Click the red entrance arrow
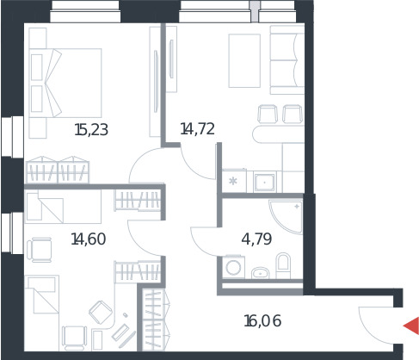point(413,326)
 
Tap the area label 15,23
point(91,130)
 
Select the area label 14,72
point(197,129)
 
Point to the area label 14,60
point(89,239)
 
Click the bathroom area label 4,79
point(256,239)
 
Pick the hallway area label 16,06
point(262,321)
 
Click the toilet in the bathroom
point(283,265)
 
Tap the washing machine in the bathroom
point(233,267)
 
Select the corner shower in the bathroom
point(287,216)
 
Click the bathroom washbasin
point(260,273)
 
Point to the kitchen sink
point(265,182)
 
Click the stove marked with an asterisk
point(234,181)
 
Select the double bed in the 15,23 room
point(65,83)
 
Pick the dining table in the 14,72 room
point(244,60)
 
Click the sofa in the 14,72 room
point(287,59)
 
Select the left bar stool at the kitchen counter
point(268,114)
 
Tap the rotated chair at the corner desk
point(101,313)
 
